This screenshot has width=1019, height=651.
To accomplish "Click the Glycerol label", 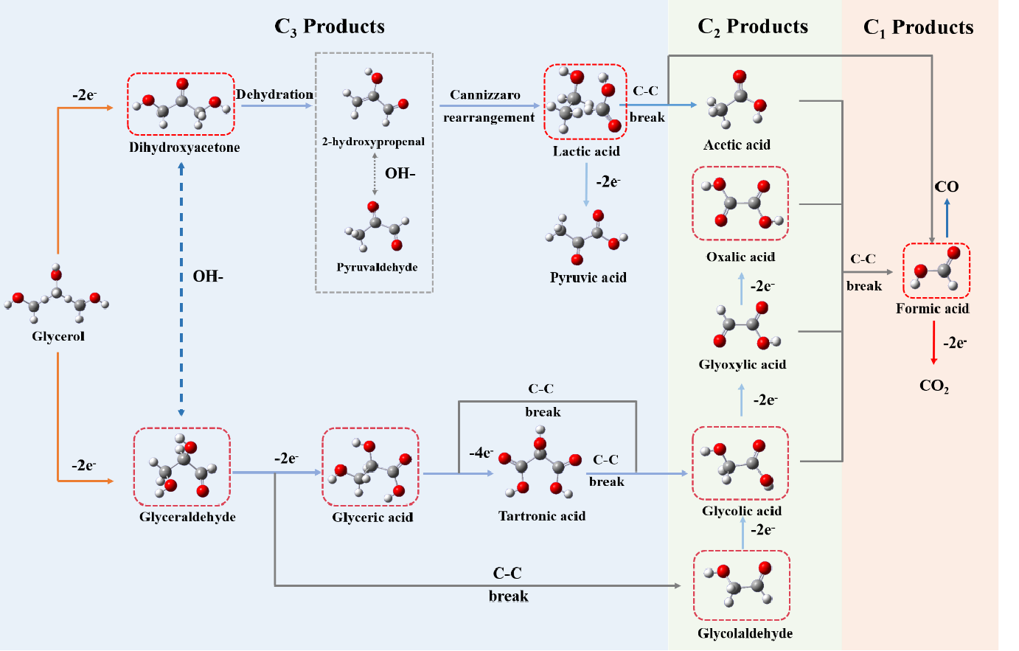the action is tap(58, 336).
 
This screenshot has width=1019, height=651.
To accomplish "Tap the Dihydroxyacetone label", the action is tap(184, 147).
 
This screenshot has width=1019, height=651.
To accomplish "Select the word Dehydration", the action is tap(274, 94).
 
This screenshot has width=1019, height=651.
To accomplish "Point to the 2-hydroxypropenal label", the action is tap(373, 142).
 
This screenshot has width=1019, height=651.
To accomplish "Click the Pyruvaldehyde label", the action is tap(377, 267).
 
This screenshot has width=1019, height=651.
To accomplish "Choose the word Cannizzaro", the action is tap(485, 94).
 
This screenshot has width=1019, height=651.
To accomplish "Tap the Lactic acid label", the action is tap(586, 151).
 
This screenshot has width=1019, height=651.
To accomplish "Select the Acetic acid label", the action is tap(737, 145).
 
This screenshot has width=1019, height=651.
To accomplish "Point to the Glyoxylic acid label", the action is tap(742, 364).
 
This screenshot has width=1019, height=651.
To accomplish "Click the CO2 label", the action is tap(934, 386).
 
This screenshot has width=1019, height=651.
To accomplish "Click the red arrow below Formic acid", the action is tap(934, 343).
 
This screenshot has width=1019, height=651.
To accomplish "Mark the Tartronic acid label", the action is tap(542, 516).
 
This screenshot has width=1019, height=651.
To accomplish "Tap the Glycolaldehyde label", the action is tap(745, 633).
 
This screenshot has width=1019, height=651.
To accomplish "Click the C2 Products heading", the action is tap(753, 27).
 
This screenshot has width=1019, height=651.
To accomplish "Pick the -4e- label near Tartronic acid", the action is tap(481, 453).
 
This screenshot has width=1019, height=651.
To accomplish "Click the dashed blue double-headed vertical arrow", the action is tap(181, 290).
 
